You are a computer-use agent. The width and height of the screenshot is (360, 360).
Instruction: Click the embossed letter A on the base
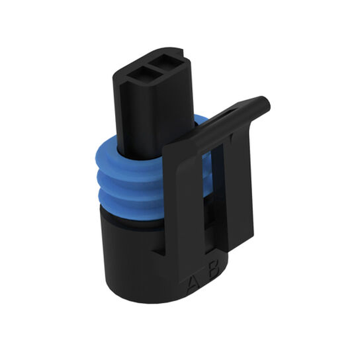point(193,284)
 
